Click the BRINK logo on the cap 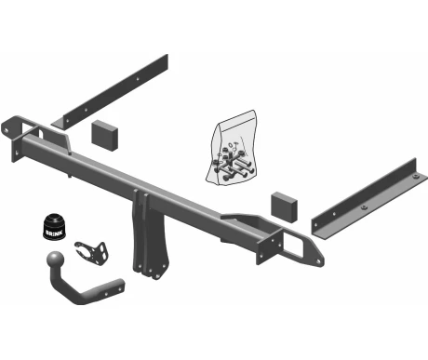tap(54, 233)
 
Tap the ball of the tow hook tap(56, 259)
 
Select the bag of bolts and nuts tap(232, 148)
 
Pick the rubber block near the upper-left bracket tap(105, 135)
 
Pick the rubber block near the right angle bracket tap(285, 207)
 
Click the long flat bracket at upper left tap(110, 92)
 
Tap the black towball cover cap tap(55, 226)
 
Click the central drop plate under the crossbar tap(151, 235)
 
